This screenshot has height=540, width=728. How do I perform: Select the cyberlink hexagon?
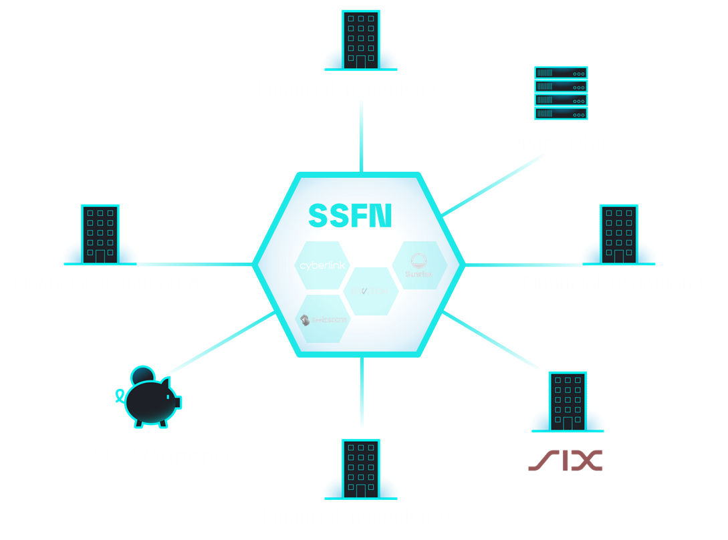click(x=323, y=265)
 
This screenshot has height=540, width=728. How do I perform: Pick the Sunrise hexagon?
click(x=419, y=265)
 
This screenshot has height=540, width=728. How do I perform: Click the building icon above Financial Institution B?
click(x=360, y=40)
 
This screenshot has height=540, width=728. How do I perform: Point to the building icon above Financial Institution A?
click(x=100, y=234)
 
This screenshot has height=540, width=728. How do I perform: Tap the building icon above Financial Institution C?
click(x=618, y=234)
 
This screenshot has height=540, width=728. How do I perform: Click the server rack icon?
click(x=561, y=93)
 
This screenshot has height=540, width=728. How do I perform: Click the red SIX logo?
click(x=566, y=460)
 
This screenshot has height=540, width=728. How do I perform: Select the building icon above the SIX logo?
click(x=568, y=402)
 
